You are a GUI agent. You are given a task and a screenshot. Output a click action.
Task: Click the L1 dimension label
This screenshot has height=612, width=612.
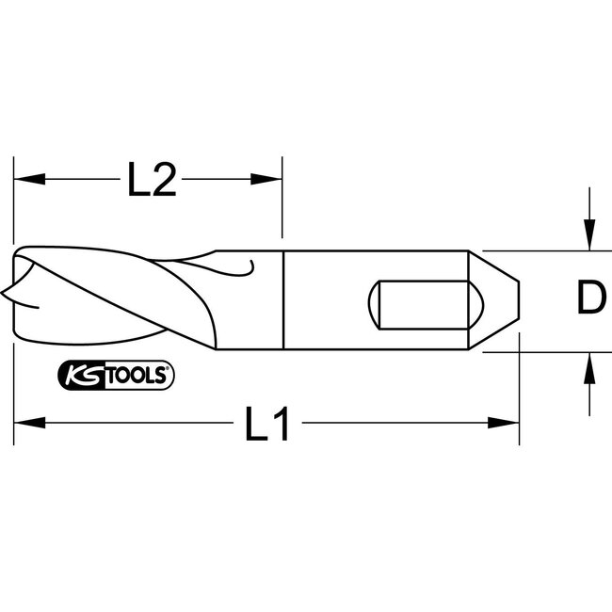point(267,426)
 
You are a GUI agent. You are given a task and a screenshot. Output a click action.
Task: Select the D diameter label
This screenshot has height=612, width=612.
point(588,300)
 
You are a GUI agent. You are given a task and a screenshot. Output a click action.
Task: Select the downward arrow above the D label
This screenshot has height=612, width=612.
point(588,235)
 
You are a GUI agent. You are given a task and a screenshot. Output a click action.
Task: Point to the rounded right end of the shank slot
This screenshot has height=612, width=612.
point(475,302)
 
